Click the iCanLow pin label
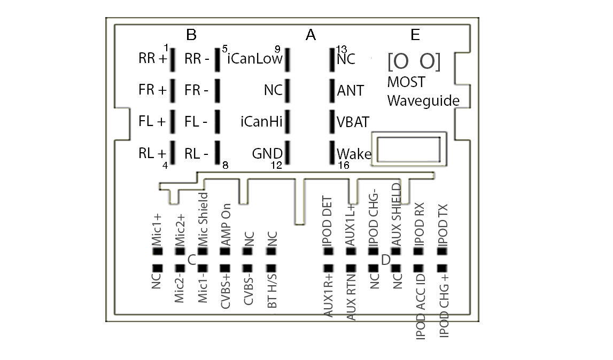click(255, 59)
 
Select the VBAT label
click(353, 122)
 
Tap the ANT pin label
click(351, 91)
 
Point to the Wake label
click(354, 154)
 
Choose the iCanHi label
click(261, 122)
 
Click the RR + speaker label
click(152, 59)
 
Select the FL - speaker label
click(196, 122)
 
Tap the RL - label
click(196, 154)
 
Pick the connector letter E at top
click(415, 35)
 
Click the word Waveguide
click(423, 100)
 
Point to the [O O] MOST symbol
click(414, 62)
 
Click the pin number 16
click(344, 166)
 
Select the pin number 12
click(276, 166)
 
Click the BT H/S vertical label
click(272, 291)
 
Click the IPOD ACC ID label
click(420, 306)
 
